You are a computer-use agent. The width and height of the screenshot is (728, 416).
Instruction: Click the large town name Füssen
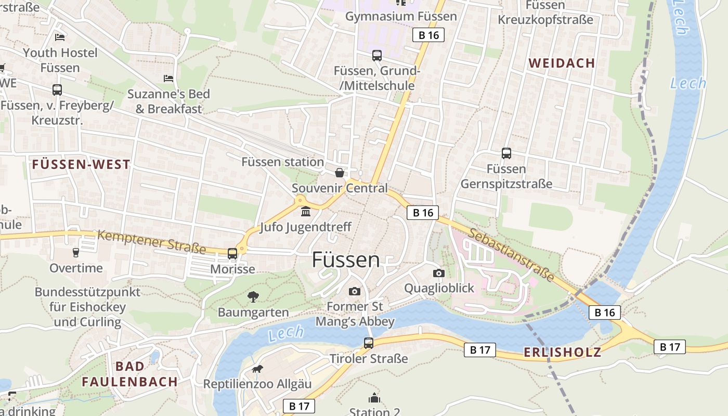coord(346,259)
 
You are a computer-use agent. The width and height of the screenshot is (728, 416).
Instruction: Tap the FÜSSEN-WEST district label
coord(81,165)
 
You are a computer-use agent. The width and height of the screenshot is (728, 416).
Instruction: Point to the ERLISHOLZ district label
coord(562,352)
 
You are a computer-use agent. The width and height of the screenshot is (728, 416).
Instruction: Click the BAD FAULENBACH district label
coord(130,374)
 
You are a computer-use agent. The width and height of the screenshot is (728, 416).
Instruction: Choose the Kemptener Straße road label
coord(152,242)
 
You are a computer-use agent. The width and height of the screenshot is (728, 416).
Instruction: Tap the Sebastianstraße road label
coord(511,254)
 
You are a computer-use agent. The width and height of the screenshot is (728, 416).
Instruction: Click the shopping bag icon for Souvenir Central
coord(340,173)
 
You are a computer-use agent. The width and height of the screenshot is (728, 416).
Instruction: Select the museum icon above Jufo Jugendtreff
coord(306,212)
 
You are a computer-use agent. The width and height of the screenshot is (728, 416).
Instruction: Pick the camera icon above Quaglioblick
coord(439,273)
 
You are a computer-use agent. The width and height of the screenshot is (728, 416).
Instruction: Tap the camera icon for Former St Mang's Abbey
coord(355,291)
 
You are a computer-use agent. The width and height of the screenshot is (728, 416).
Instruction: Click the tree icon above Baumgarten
coord(253,297)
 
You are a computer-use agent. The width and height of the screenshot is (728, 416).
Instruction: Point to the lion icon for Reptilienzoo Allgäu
coord(257,369)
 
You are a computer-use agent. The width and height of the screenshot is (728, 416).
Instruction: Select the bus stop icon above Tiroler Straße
coord(369,343)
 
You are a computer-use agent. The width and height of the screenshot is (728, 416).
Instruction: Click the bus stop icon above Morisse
coord(232,253)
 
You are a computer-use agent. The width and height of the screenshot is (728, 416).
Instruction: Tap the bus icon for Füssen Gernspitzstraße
coord(506,153)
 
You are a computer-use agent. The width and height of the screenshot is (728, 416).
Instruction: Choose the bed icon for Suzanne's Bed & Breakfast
coord(168,79)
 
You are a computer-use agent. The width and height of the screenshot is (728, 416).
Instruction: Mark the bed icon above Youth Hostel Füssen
coord(60,37)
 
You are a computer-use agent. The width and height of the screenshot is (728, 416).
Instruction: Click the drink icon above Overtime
coord(76,253)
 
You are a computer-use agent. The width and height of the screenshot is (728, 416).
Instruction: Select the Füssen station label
coord(282,162)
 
